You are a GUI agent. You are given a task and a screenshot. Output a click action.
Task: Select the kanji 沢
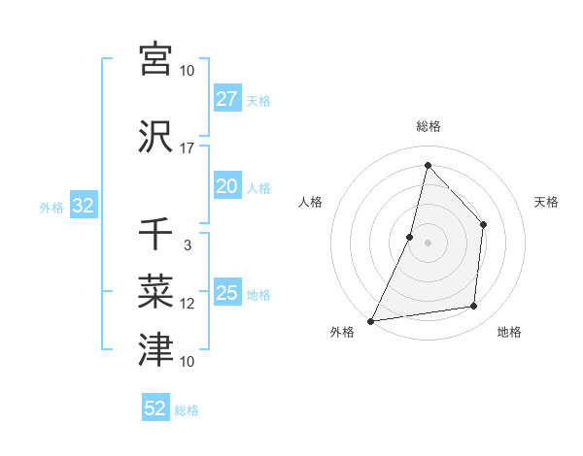[155, 138]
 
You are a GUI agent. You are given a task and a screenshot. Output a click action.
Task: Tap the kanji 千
[155, 235]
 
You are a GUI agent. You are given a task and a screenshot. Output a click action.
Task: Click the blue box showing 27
[226, 99]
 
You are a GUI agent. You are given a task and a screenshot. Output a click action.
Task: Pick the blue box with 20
[226, 187]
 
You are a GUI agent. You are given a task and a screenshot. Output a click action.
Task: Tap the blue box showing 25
[226, 293]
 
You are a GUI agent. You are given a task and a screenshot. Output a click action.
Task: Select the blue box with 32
[82, 206]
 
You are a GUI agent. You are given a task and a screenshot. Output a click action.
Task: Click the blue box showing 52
[155, 408]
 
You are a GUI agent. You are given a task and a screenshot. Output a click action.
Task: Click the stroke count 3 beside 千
[187, 245]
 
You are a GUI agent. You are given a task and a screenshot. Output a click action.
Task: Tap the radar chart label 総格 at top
[428, 126]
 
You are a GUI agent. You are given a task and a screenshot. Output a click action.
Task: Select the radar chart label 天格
[546, 202]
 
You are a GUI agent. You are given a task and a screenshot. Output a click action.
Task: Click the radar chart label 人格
[310, 202]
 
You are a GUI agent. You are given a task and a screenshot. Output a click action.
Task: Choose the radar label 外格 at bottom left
[342, 333]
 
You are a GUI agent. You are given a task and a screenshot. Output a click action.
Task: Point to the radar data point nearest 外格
[370, 320]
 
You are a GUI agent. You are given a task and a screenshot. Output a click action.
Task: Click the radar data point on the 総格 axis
[428, 165]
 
